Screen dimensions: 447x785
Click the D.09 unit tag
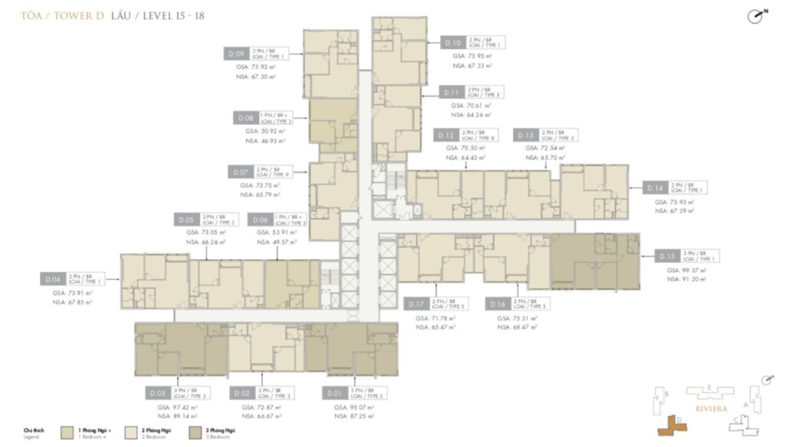(236, 54)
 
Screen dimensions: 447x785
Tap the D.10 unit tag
(453, 43)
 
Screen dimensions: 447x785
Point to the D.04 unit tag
(52, 280)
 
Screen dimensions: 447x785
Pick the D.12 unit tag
(445, 135)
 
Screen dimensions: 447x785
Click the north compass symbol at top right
(755, 16)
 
